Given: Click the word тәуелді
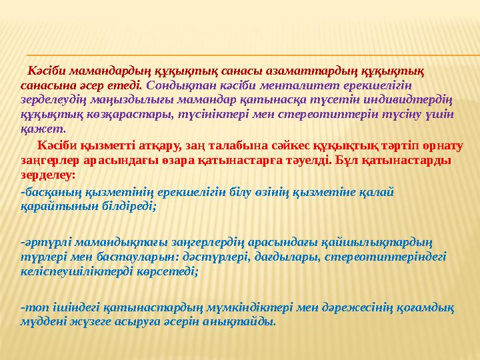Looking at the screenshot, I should pos(305,160).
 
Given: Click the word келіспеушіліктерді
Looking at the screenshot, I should pos(72,271).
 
